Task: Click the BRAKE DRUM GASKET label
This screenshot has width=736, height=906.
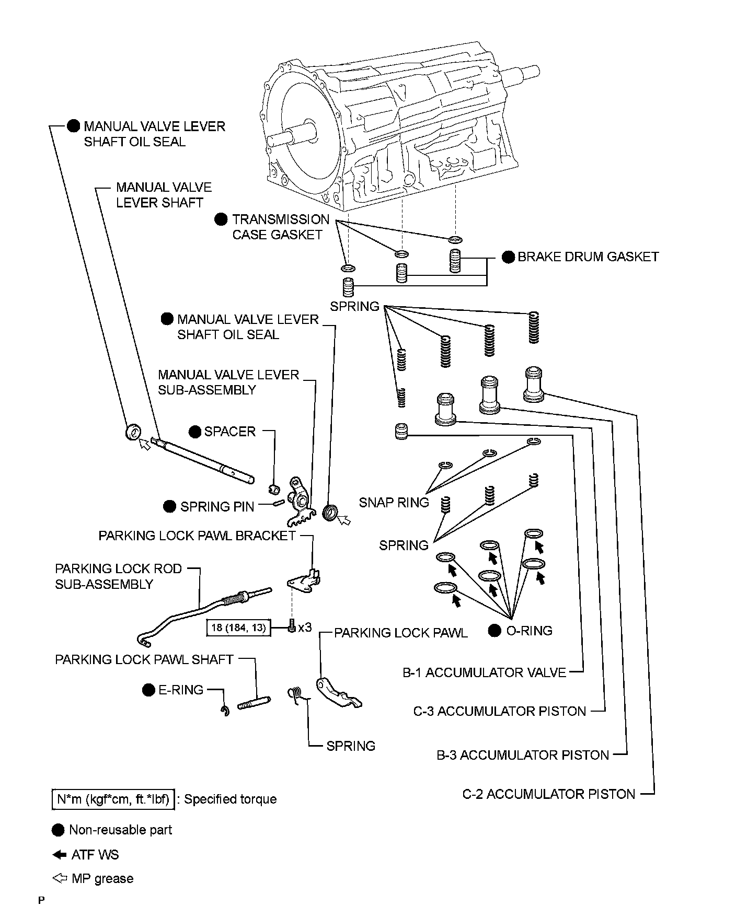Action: coord(588,257)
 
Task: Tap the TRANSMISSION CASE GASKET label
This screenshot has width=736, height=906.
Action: coord(281,227)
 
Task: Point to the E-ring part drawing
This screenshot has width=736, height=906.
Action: coord(225,711)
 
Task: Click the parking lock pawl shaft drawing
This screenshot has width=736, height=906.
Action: coord(254,703)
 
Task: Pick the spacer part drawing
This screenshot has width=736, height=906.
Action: coord(273,490)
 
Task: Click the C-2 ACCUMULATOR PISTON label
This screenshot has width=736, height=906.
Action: coord(549,794)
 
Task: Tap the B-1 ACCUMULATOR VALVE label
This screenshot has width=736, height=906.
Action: coord(484,672)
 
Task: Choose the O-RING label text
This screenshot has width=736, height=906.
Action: coord(529,631)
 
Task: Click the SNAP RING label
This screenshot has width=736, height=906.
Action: coord(394,503)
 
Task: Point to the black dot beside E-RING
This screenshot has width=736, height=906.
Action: coord(148,690)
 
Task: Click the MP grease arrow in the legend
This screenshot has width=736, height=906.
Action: coord(60,878)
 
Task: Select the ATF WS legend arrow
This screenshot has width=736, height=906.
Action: coord(60,855)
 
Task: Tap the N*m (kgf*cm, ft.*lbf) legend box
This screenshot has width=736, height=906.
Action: coord(113,799)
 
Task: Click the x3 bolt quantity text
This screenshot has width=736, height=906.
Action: coord(305,627)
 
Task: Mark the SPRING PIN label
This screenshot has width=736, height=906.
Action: coord(217,506)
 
